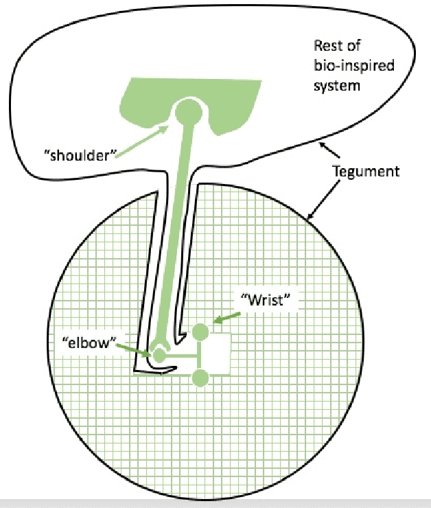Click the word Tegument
[365, 172]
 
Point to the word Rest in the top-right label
[327, 47]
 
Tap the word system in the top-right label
[336, 87]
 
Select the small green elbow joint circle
[159, 356]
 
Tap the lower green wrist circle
[200, 378]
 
